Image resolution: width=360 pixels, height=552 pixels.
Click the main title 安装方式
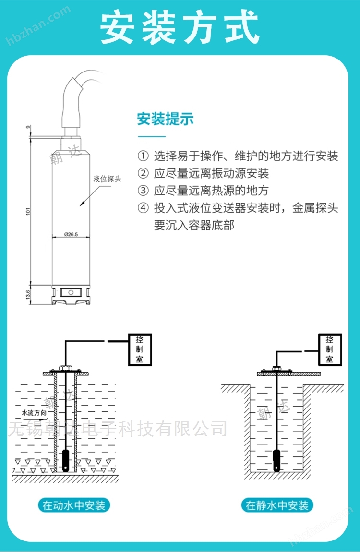pos(180,27)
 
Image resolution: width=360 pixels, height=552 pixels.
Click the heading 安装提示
pos(166,119)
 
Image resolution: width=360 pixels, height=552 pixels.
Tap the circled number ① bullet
pos(143,156)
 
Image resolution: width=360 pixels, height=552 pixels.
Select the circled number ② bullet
pos(143,173)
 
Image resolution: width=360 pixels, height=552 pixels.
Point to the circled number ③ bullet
pos(143,191)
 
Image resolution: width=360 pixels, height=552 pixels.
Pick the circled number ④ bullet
pos(143,208)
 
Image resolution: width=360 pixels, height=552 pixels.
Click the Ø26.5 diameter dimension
pos(71,234)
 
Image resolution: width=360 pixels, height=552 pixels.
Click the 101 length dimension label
pos(28,211)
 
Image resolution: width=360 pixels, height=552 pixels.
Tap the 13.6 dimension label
pos(28,294)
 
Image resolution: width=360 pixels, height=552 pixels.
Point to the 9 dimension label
pos(28,127)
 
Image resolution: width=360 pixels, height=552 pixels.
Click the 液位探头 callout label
pos(107,179)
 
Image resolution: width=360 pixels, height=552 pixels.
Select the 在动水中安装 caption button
pos(74,505)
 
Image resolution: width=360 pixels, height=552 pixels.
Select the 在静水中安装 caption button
pos(277,505)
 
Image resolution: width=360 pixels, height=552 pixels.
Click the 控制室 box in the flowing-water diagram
pos(140,349)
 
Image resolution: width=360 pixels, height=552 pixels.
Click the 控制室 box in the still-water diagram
pos(330,349)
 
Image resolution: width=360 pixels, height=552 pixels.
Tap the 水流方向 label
pos(34,413)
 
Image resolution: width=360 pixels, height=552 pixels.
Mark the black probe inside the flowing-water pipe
pos(66,460)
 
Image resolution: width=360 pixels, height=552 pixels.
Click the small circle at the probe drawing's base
pos(71,292)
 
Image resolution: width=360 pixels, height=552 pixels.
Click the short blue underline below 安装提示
pos(151,136)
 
